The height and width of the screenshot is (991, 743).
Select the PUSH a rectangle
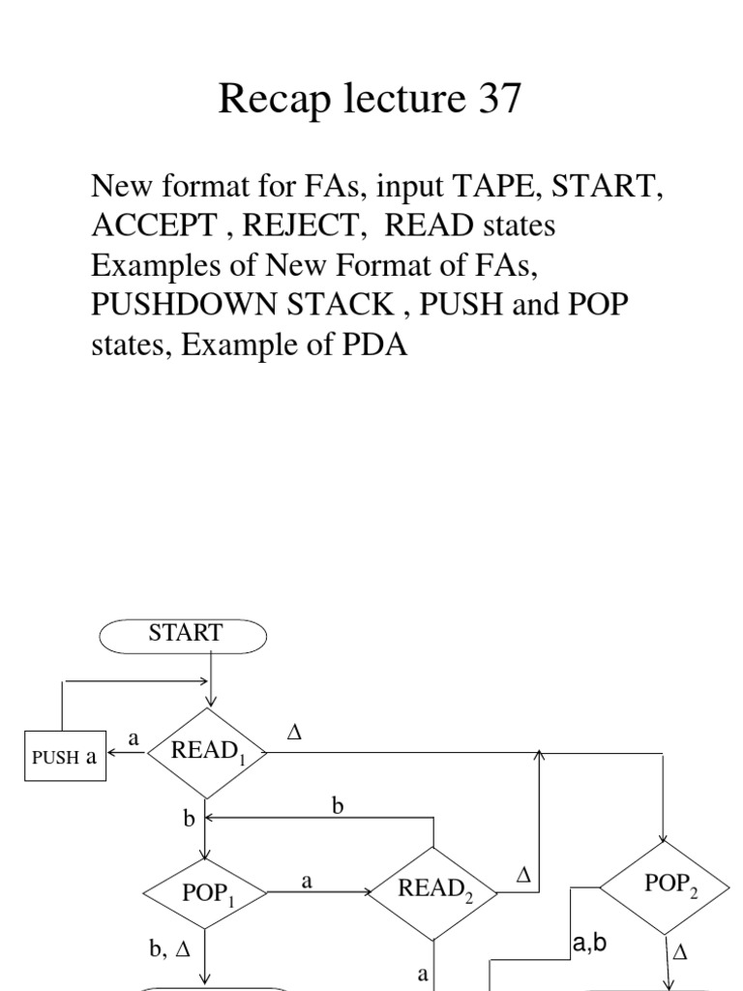[x=65, y=757]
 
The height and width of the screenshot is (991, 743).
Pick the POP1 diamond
[x=206, y=891]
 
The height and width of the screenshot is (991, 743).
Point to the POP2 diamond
[x=665, y=885]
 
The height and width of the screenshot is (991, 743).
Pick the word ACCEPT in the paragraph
[x=155, y=225]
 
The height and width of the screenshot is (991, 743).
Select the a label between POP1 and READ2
[x=308, y=882]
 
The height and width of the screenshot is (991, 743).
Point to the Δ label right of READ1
[x=295, y=735]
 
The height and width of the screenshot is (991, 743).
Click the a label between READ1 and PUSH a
[x=134, y=738]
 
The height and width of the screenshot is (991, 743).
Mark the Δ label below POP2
[x=679, y=953]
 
